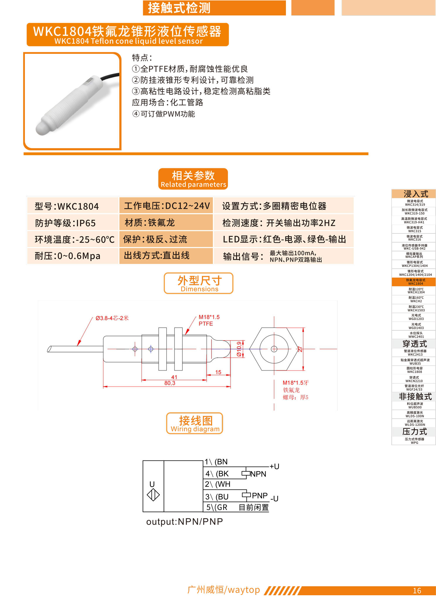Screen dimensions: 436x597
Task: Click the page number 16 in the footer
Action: coord(417,591)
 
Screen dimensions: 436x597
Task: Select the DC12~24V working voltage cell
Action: coord(166,206)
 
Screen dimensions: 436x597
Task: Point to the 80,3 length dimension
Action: coord(170,383)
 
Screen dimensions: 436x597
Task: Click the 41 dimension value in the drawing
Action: coord(174,377)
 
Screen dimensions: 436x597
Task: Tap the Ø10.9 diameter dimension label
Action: coord(239,349)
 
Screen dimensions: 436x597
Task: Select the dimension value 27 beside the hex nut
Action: coord(300,349)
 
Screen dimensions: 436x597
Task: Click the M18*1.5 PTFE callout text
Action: coord(209,320)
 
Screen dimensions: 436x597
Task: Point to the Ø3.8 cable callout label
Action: coord(112,318)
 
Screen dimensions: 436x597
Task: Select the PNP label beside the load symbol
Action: coord(260,495)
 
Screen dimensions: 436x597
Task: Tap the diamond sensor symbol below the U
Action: coord(153,495)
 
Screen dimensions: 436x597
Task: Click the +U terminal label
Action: coord(274,466)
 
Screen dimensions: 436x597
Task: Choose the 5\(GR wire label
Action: coord(217,507)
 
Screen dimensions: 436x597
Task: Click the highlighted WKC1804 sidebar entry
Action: coord(414,282)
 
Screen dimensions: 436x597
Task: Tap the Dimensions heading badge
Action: coord(199,283)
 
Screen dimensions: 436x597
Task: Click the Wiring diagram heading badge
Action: coord(195,423)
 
